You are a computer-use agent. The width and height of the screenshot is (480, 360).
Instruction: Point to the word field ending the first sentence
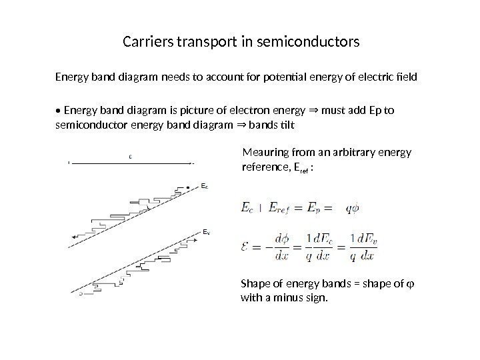(406, 77)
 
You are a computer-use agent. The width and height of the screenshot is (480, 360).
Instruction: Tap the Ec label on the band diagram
(205, 187)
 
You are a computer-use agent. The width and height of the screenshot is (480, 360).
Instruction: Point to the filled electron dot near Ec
(190, 186)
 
